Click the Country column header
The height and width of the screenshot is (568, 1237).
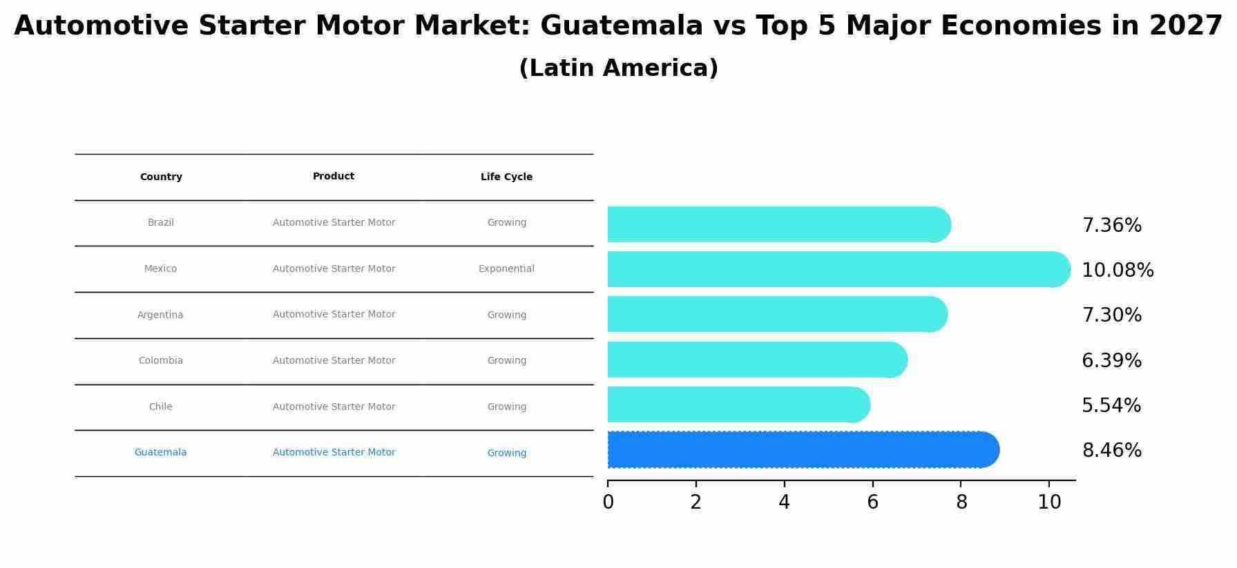pos(161,177)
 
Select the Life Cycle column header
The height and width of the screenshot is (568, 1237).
pos(506,177)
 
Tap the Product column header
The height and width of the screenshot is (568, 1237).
pos(334,177)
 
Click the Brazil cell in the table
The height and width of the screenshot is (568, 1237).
pos(161,223)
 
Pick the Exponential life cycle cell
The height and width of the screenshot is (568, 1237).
pos(506,269)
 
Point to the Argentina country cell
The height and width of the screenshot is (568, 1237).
pos(160,315)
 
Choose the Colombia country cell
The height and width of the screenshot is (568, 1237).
pos(161,361)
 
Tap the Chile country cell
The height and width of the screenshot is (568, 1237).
pos(161,407)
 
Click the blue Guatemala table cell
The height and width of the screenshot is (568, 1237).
pos(160,453)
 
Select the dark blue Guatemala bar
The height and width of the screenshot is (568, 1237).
pos(801,450)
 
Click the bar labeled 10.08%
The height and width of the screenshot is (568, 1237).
pos(836,269)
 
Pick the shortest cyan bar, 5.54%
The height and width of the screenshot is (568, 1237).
pos(736,404)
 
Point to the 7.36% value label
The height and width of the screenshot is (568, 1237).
pos(1111,226)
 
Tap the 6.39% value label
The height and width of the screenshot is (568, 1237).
pos(1111,361)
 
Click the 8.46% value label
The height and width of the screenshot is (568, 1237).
pos(1111,451)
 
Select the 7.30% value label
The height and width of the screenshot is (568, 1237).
pos(1111,315)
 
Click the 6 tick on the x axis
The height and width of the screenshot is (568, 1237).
pos(872,502)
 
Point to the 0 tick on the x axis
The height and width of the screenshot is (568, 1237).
pos(608,502)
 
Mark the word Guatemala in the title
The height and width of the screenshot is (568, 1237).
pos(622,26)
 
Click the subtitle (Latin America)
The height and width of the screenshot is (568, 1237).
pos(618,68)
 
